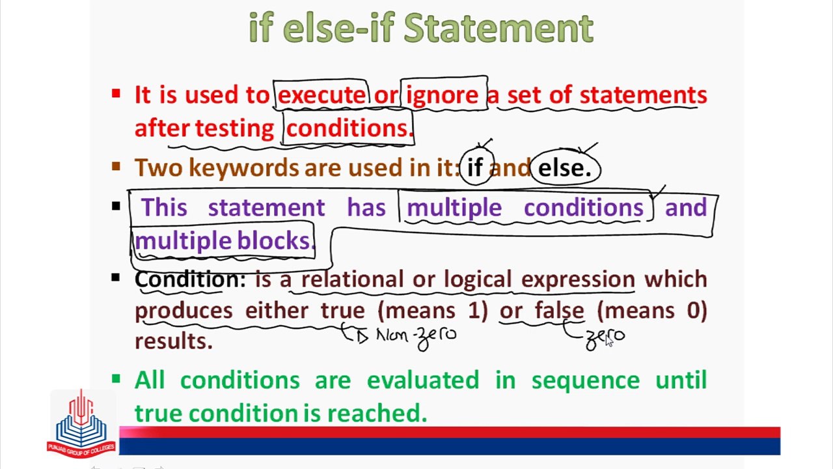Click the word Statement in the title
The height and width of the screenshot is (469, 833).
[498, 27]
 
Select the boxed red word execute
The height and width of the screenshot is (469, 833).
[321, 95]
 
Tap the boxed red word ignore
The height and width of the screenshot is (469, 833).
[442, 96]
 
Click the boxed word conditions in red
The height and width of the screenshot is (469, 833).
[349, 128]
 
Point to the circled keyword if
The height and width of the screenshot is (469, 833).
[475, 167]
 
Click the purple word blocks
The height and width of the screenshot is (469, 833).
[276, 240]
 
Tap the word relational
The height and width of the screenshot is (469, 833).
[352, 279]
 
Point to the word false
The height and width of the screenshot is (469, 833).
[560, 310]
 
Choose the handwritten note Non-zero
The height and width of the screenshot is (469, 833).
[416, 337]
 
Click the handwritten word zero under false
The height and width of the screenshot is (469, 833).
[605, 338]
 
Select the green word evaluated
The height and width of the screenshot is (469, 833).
[423, 380]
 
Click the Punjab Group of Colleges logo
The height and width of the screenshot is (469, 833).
[81, 423]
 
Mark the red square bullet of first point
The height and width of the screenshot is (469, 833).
[116, 93]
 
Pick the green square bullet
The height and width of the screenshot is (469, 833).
[116, 379]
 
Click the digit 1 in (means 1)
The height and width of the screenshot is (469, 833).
[474, 311]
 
